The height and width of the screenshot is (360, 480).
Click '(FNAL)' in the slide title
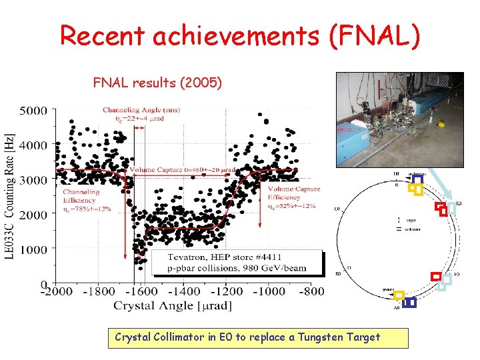pos(374,35)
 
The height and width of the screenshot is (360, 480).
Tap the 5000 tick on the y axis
pos(33,110)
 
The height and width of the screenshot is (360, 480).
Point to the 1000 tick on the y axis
pos(33,250)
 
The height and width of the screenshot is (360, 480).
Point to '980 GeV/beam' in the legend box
pos(266,269)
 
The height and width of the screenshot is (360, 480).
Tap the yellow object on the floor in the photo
pos(439,123)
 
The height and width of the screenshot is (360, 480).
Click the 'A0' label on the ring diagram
pos(397,308)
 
